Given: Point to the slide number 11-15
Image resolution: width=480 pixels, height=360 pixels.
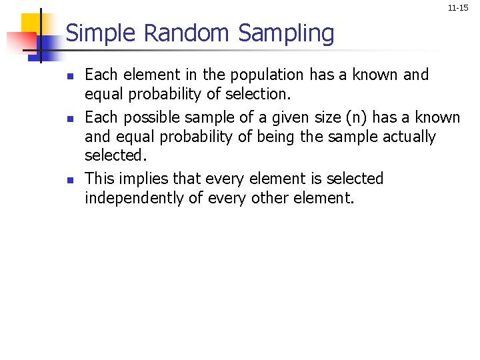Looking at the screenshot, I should click(458, 8).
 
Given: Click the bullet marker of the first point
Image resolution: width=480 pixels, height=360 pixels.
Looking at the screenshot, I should click(72, 75).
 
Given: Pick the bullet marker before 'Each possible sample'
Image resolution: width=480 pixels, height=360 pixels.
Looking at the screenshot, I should click(72, 119).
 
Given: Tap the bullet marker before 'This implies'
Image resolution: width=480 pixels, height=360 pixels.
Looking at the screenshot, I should click(72, 179).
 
